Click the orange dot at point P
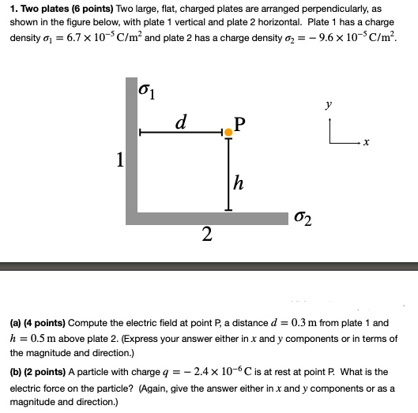[x=229, y=132]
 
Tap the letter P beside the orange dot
[x=241, y=123]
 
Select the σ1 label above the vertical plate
[x=147, y=89]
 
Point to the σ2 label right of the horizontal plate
[x=302, y=217]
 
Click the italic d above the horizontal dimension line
[x=182, y=122]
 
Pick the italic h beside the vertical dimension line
[x=239, y=183]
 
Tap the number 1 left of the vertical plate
[x=119, y=161]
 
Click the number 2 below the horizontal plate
[x=206, y=234]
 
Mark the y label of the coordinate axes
[x=328, y=103]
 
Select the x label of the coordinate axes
[x=367, y=144]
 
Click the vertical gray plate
[x=130, y=146]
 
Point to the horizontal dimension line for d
[x=182, y=133]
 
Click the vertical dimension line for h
[x=229, y=174]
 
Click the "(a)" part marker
[x=17, y=324]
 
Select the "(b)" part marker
[x=17, y=371]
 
